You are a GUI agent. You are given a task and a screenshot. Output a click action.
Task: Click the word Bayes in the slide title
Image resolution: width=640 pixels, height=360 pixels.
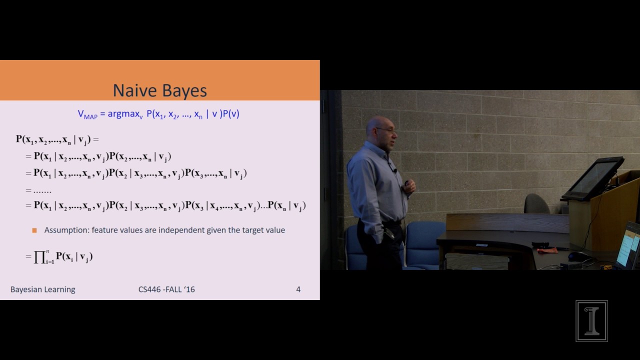point(183,91)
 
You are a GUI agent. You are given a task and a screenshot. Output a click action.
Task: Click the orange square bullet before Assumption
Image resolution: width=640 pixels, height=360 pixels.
point(34,230)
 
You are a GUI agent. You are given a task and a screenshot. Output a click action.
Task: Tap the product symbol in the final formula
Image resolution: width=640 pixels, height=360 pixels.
point(40,257)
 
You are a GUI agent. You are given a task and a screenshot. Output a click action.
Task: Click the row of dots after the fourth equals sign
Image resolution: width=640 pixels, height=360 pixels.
point(42,190)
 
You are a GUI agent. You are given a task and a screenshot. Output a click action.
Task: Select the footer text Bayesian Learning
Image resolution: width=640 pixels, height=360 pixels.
point(43,289)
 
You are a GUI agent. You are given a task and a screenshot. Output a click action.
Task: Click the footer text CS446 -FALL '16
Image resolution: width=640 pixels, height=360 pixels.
point(166,289)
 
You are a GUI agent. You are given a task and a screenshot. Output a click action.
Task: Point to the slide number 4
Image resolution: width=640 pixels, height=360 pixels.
point(298,289)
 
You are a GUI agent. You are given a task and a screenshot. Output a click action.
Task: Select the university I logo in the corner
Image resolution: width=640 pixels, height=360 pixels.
point(591,320)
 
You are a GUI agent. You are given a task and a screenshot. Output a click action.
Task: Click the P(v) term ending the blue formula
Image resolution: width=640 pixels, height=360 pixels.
point(231,114)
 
